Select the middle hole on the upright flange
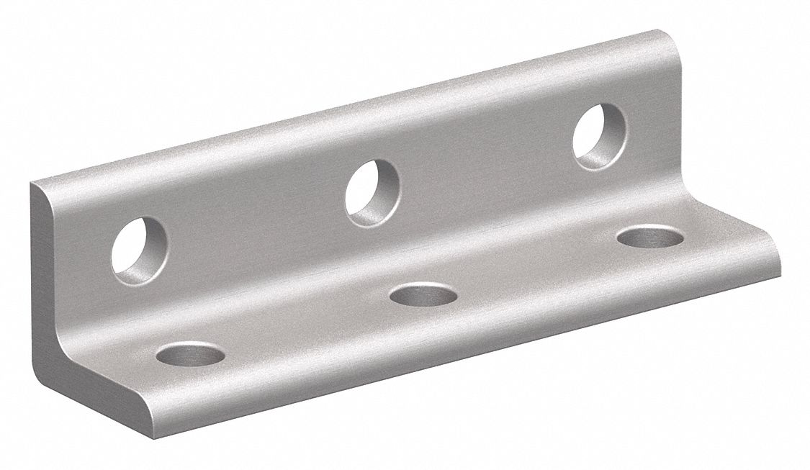(x=373, y=192)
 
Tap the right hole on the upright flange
(x=599, y=137)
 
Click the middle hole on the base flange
(x=423, y=293)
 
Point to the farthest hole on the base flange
(x=651, y=238)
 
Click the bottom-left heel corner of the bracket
(x=39, y=378)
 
